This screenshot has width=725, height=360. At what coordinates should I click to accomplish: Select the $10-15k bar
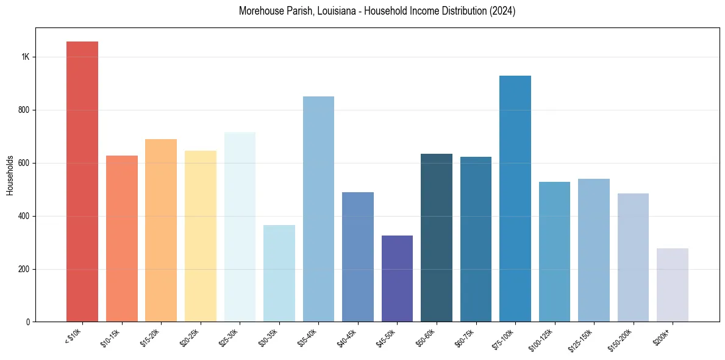click(122, 239)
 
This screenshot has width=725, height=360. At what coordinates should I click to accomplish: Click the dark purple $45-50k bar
click(397, 278)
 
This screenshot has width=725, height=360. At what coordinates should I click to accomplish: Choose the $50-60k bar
click(437, 237)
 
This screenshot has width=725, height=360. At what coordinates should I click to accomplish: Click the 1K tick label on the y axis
click(25, 57)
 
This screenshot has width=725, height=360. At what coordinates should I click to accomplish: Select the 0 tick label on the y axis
click(27, 322)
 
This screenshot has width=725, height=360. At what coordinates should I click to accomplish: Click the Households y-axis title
click(10, 175)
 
